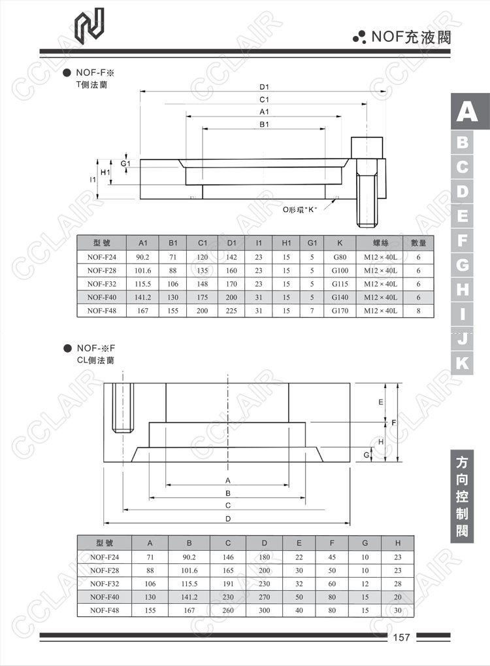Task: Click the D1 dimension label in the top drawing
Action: tap(265, 86)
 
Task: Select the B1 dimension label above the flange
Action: tap(265, 124)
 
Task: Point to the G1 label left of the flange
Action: tap(125, 164)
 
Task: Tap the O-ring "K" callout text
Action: tap(299, 210)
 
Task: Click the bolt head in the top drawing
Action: tap(367, 147)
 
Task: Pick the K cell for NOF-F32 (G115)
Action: tap(340, 284)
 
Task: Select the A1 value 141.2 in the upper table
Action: tap(142, 297)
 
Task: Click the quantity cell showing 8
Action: tap(418, 311)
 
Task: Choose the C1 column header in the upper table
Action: tap(203, 243)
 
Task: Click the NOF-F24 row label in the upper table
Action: tap(102, 257)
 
